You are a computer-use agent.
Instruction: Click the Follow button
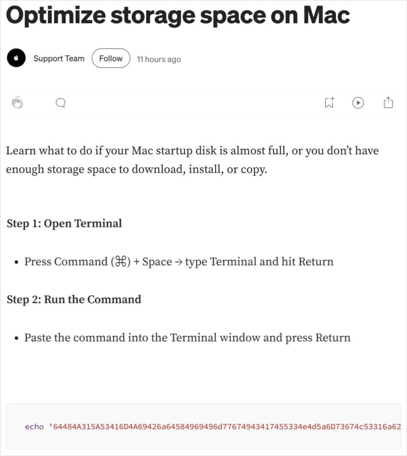[110, 59]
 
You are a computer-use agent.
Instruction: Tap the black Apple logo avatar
[16, 58]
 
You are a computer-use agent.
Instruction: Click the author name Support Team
[59, 59]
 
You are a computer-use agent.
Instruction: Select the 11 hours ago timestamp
[159, 59]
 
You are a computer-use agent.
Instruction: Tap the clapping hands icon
[17, 103]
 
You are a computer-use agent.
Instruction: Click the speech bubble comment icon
[61, 103]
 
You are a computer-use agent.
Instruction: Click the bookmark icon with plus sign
[329, 103]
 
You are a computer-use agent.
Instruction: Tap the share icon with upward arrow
[388, 103]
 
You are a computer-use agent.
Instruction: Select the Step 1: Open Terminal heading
[64, 224]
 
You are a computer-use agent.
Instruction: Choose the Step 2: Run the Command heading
[74, 299]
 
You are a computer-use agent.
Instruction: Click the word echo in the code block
[34, 427]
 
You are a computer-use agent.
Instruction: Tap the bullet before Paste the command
[16, 338]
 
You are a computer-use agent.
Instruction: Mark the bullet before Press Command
[16, 262]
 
